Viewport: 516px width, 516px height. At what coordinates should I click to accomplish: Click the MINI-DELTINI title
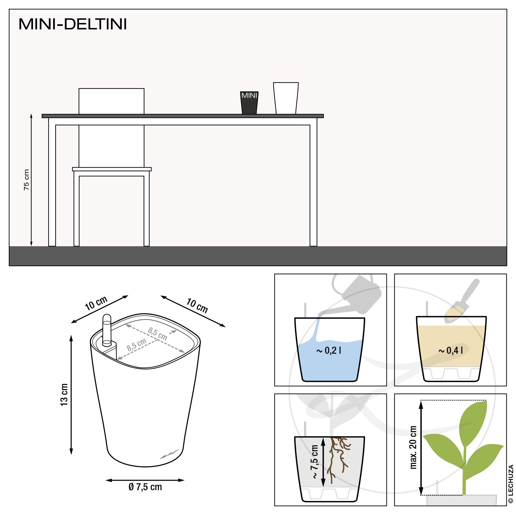pos(72,24)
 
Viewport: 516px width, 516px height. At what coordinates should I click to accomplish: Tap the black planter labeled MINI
pos(249,103)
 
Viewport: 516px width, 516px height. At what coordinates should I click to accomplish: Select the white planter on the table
pos(286,98)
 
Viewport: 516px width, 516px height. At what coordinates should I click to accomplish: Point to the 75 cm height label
pos(26,180)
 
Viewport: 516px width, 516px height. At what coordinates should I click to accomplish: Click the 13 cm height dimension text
pos(64,395)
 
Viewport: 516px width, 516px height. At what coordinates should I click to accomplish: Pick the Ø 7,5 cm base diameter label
pos(145,487)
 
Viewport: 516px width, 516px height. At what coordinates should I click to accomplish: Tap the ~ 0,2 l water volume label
pos(328,350)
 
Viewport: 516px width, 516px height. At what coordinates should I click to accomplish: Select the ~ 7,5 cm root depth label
pos(314,462)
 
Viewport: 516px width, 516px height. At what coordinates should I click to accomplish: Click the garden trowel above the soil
pos(462,301)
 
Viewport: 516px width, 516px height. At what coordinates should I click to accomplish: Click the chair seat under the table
pos(112,169)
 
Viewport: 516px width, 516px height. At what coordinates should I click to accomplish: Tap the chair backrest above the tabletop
pos(111,101)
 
